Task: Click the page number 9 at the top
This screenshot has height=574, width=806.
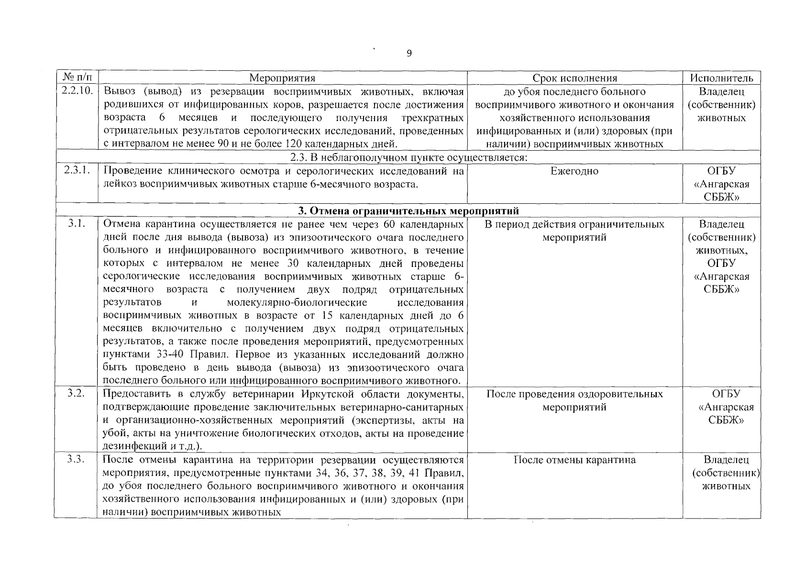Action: pos(409,54)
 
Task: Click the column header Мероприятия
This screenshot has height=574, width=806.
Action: pos(282,78)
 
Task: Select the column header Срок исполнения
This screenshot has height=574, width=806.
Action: pos(574,78)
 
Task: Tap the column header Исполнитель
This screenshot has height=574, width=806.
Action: pos(721,78)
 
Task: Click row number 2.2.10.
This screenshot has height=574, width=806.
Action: pos(77,91)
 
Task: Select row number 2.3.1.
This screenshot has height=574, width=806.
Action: pos(77,171)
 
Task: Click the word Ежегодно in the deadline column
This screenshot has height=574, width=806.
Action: pos(574,171)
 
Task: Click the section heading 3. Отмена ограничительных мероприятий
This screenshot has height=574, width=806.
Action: pos(409,211)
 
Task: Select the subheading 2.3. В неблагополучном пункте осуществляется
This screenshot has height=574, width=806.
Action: pos(409,158)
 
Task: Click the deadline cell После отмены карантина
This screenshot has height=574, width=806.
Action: pos(574,460)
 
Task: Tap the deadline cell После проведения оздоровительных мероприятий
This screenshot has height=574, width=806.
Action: pos(574,400)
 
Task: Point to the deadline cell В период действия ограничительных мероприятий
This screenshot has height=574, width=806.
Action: pos(574,231)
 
